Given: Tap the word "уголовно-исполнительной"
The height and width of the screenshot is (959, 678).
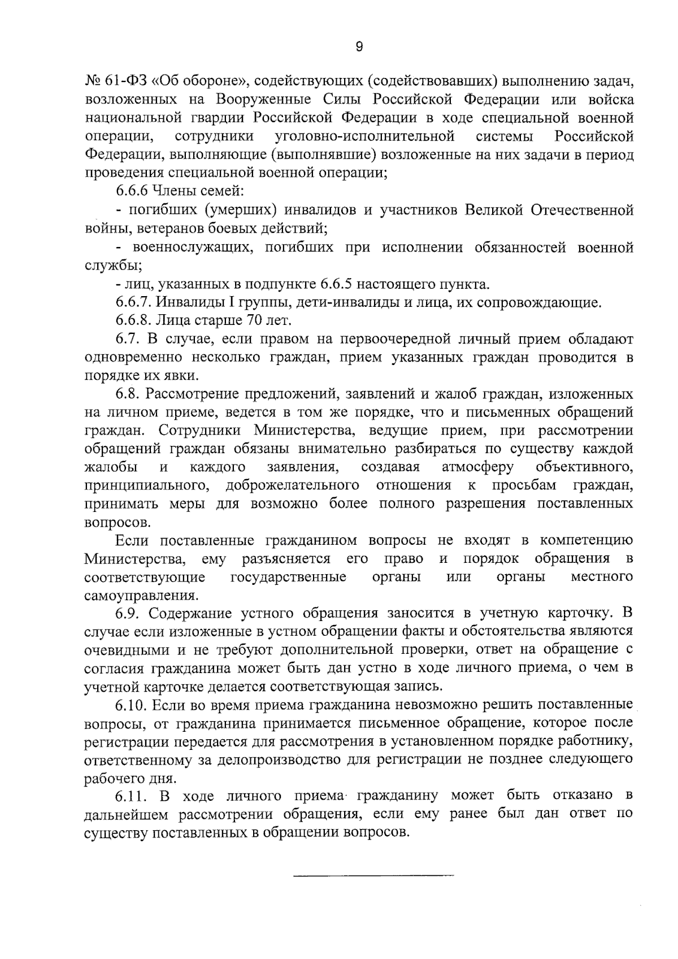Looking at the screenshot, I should coord(364,136).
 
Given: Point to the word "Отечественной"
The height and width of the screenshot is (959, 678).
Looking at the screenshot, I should coord(582,210).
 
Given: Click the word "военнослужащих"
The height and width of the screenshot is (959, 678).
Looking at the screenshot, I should coord(189,247).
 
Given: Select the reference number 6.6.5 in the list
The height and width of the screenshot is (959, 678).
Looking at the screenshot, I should coord(336,284).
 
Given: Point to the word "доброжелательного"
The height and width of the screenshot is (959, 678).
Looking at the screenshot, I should coord(293,485).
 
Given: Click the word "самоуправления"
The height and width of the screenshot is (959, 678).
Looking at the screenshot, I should coord(141,596).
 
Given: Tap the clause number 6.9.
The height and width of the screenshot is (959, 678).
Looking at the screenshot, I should coord(128,614).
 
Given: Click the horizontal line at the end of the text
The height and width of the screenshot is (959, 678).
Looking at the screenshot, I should coord(373,876).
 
